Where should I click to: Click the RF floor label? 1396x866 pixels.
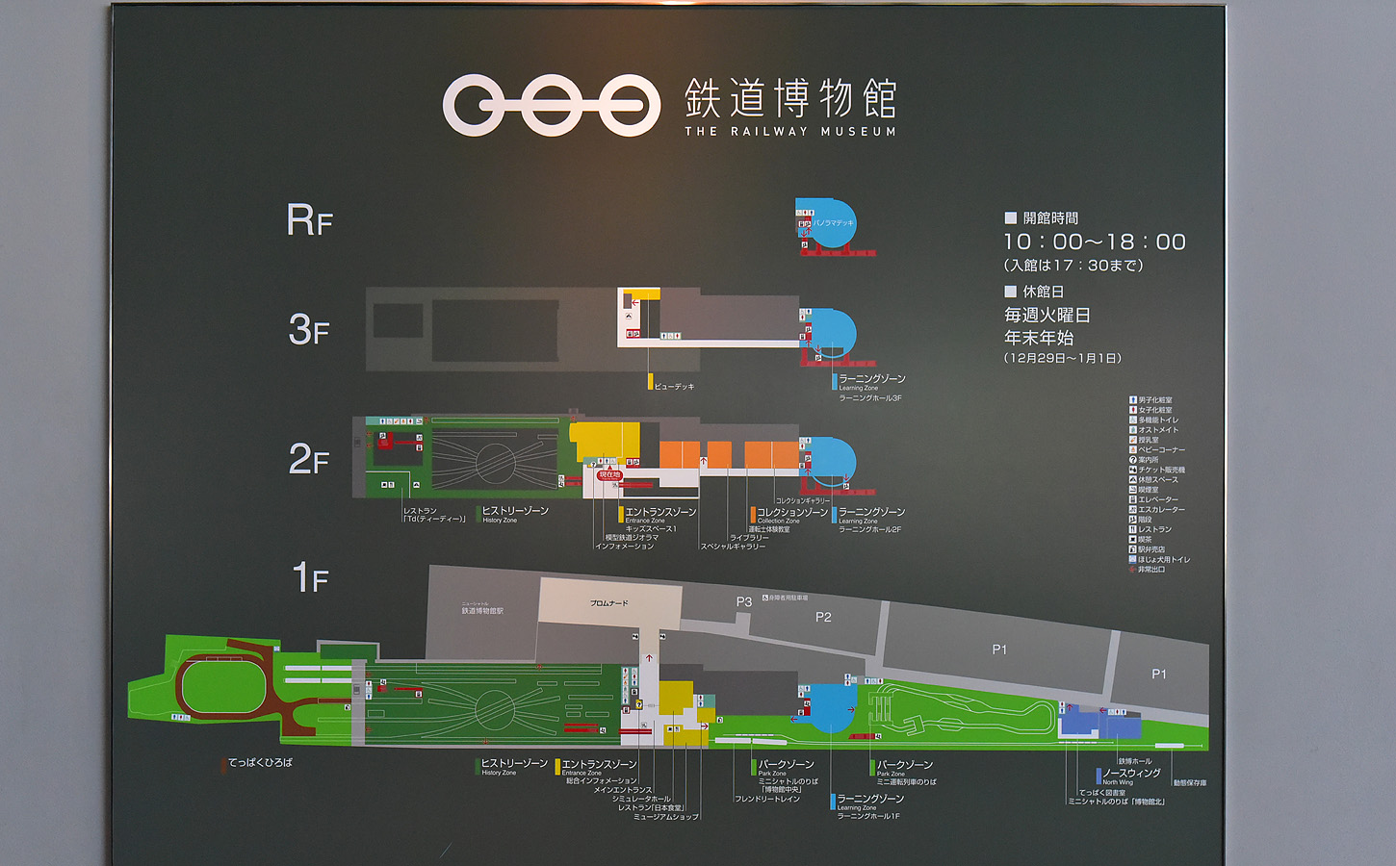[x=310, y=221]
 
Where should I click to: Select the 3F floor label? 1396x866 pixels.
[x=309, y=331]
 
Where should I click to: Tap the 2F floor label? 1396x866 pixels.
[x=309, y=460]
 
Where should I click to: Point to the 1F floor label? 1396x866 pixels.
[x=310, y=578]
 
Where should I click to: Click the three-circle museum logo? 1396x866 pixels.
[x=551, y=104]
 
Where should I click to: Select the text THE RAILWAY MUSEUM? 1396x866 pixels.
[x=789, y=132]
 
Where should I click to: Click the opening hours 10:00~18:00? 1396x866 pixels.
[x=1095, y=242]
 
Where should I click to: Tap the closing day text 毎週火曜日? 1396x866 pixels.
[x=1047, y=316]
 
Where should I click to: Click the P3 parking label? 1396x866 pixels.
[x=744, y=602]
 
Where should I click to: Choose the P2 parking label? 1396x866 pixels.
[x=823, y=618]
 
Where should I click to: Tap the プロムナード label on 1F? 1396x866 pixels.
[x=608, y=603]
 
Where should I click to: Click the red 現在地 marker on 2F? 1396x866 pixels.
[x=610, y=474]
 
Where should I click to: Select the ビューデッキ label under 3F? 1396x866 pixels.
[x=674, y=387]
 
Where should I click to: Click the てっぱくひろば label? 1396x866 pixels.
[x=260, y=763]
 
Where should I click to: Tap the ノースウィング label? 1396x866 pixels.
[x=1131, y=773]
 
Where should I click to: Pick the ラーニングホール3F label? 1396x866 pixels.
[x=869, y=398]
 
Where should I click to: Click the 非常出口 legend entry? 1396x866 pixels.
[x=1151, y=570]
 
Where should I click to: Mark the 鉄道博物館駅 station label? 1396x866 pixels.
[x=482, y=611]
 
